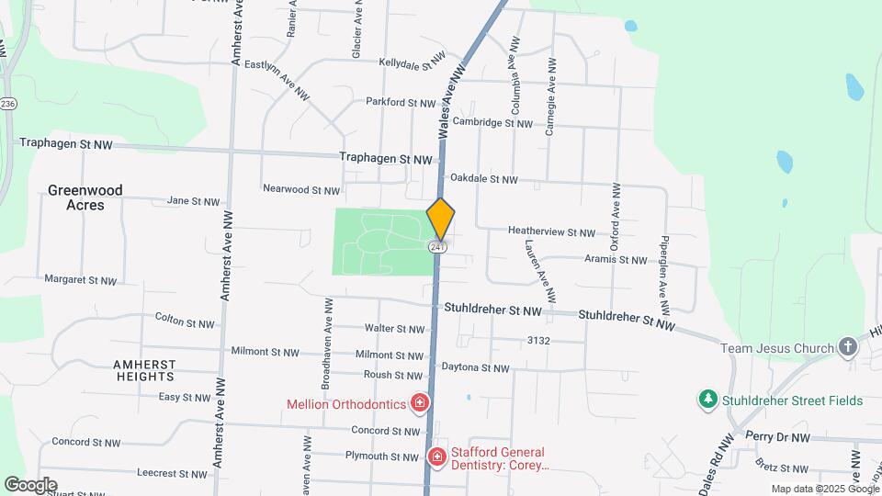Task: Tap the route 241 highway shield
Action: tap(437, 246)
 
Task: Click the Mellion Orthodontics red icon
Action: tap(420, 402)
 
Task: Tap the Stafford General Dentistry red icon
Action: tap(437, 456)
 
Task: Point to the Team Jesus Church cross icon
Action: tap(847, 347)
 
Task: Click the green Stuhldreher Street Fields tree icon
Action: tap(707, 400)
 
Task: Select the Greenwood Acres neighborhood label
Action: tap(85, 197)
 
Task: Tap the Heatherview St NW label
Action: tap(549, 233)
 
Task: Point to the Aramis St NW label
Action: tap(616, 260)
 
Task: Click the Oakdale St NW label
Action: tap(483, 179)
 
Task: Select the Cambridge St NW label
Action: tap(492, 123)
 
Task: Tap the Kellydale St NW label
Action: tap(413, 63)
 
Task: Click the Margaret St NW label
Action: tap(81, 280)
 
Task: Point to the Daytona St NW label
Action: tap(476, 368)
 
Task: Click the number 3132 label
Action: tap(538, 341)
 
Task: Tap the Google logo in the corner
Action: tap(30, 485)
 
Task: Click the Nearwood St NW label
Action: tap(301, 190)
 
